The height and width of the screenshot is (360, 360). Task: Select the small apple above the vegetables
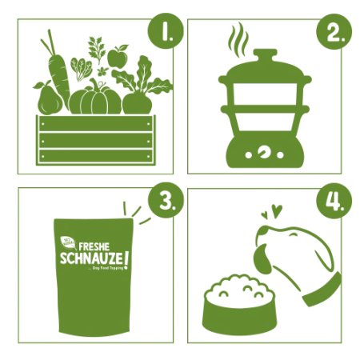[x=118, y=58]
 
